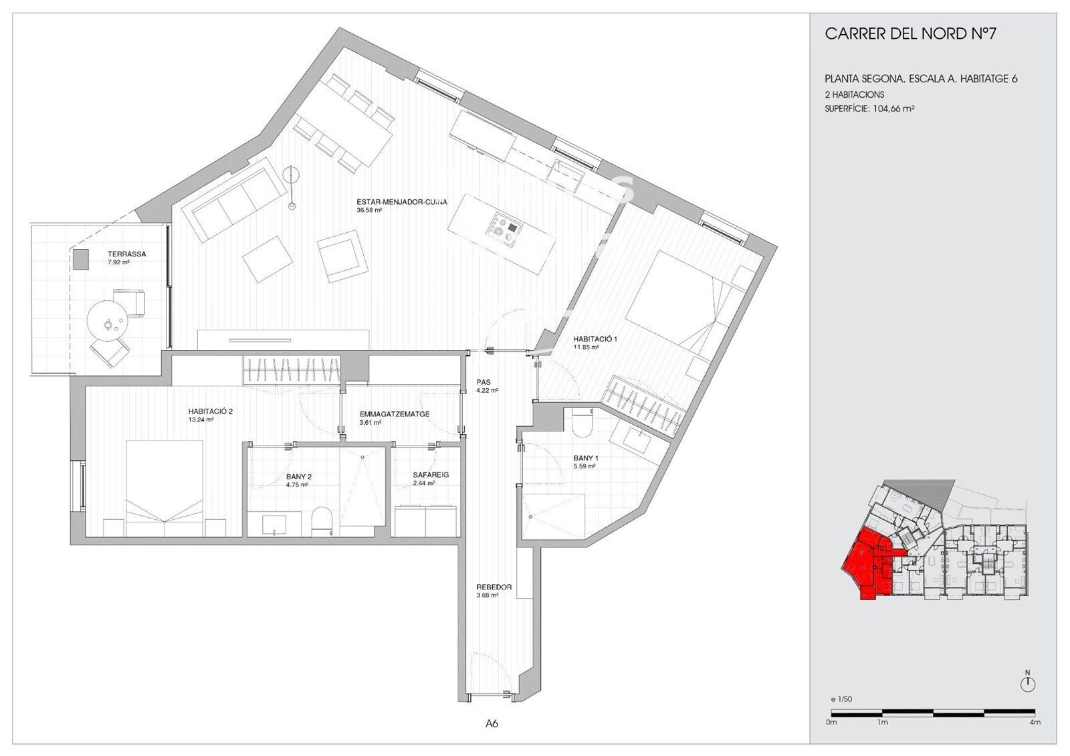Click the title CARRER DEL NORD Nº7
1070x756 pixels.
point(910,34)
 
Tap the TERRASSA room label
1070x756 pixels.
point(126,254)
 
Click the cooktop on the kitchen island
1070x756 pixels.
point(504,231)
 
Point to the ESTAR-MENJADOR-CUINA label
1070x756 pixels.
point(402,202)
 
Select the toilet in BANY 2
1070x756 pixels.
point(321,521)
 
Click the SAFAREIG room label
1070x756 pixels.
point(431,475)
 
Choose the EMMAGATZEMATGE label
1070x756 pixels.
point(395,414)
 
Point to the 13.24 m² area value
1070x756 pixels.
point(201,420)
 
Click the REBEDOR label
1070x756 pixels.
point(494,587)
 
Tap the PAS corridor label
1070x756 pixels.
point(484,382)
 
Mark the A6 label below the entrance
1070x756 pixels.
point(492,724)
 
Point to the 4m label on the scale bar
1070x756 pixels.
point(1035,723)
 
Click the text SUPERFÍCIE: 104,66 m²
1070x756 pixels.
point(869,108)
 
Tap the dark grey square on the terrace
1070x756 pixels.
point(81,260)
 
